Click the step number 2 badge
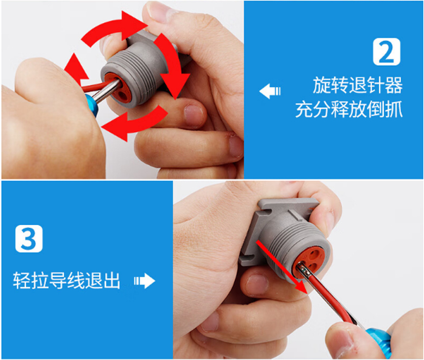pyautogui.click(x=386, y=52)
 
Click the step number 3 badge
pyautogui.click(x=29, y=239)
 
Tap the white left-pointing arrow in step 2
pyautogui.click(x=270, y=91)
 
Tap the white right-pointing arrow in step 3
pyautogui.click(x=145, y=281)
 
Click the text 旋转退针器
pyautogui.click(x=358, y=85)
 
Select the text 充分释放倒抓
pyautogui.click(x=349, y=109)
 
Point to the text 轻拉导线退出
pyautogui.click(x=66, y=281)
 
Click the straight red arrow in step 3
pyautogui.click(x=282, y=267)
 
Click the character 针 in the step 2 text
pyautogui.click(x=376, y=85)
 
